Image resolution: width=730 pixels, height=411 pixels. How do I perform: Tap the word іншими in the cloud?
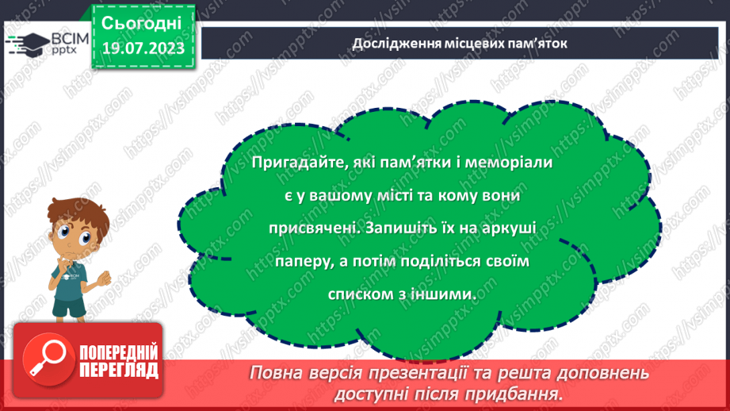click(449, 293)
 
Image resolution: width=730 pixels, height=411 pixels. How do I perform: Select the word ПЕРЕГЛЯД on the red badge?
click(120, 369)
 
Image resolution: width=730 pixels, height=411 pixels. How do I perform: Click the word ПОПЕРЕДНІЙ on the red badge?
click(120, 352)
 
